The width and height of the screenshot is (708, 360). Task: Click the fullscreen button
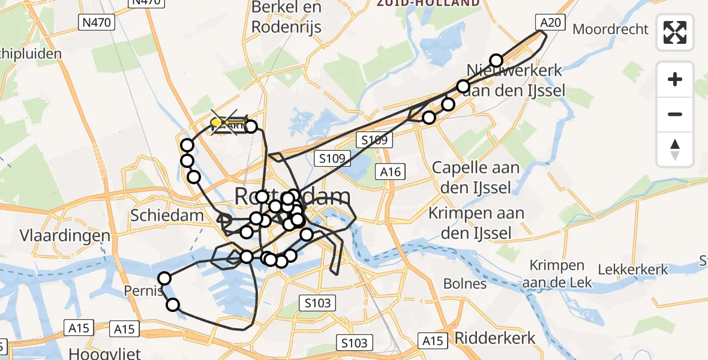[x=675, y=32]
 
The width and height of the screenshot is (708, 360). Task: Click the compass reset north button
[x=675, y=149]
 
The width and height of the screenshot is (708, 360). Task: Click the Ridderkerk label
[x=495, y=338]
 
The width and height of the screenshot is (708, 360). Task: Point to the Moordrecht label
[x=611, y=29]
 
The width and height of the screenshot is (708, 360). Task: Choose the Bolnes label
[x=464, y=283]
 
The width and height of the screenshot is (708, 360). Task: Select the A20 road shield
[x=550, y=23]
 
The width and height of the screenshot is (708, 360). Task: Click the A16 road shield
[x=389, y=171]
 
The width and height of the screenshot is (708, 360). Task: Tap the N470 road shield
[x=96, y=23]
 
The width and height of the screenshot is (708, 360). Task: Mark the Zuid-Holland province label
[x=428, y=3]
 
